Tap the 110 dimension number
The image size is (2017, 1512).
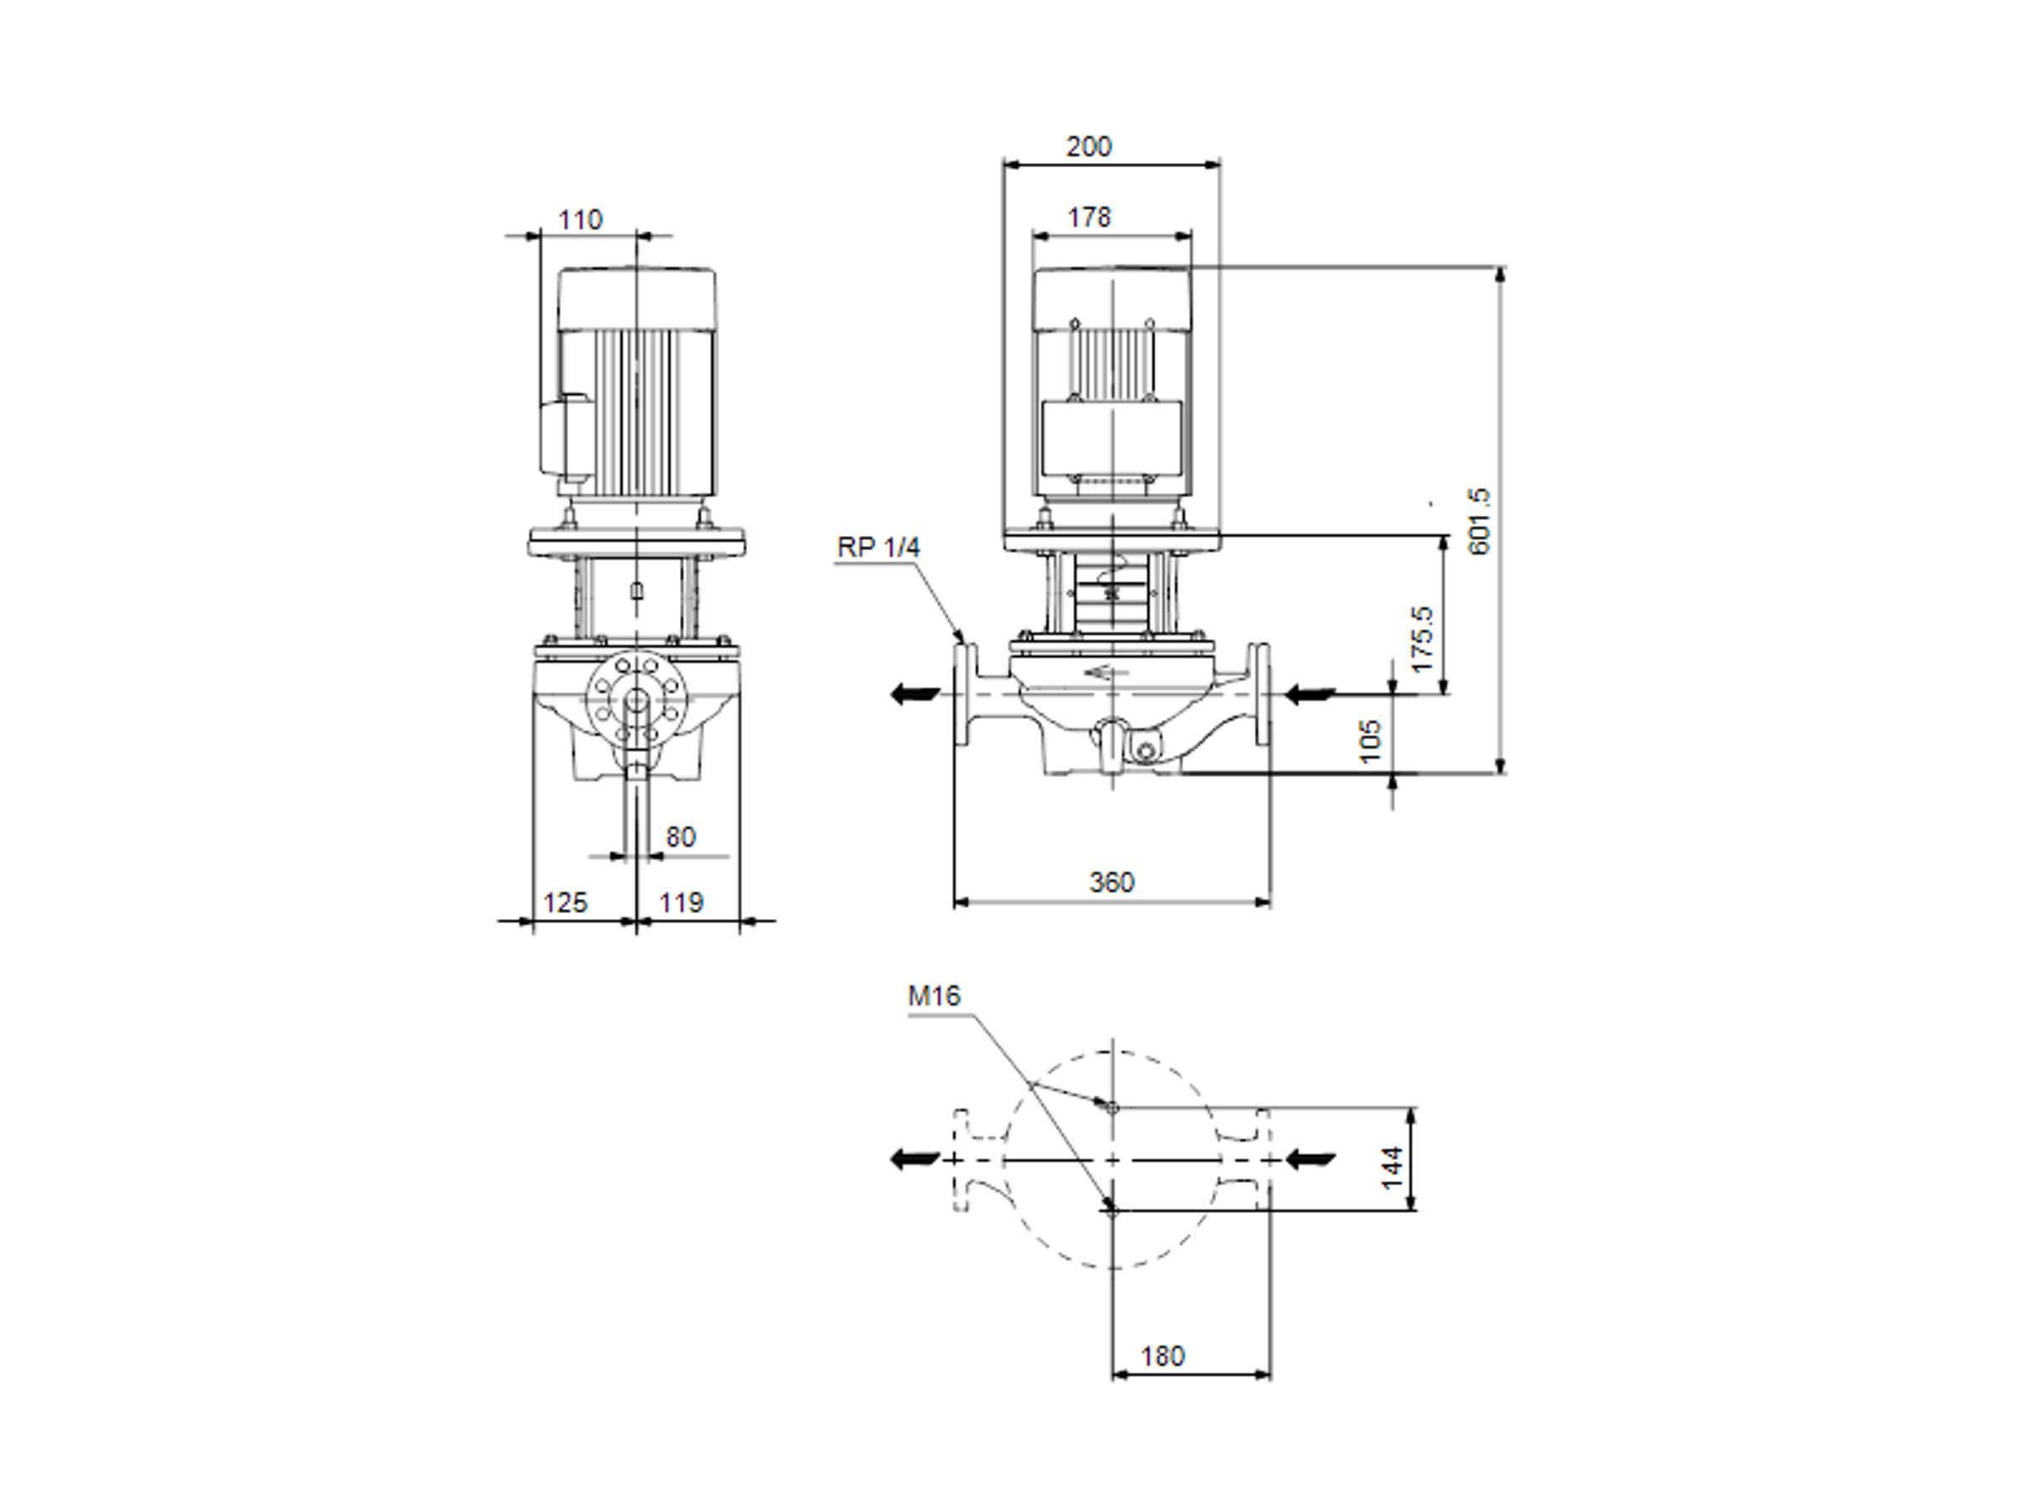(580, 221)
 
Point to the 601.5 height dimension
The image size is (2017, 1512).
(1478, 522)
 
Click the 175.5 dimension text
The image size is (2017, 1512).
(1422, 639)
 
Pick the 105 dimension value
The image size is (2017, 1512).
(1371, 741)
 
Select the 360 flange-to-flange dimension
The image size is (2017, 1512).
(1112, 882)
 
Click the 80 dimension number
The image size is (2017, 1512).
(680, 837)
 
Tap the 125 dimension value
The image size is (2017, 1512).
(566, 902)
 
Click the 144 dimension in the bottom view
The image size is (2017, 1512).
(1392, 1168)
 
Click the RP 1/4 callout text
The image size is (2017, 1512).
(878, 547)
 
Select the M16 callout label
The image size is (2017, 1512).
(934, 996)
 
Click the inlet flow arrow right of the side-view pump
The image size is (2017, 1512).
(1310, 696)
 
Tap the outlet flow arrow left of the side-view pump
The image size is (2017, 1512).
(914, 695)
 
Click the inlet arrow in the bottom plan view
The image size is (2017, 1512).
(1310, 1159)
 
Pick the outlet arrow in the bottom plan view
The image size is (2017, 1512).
(914, 1159)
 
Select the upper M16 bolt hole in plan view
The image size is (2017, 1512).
(1112, 1107)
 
